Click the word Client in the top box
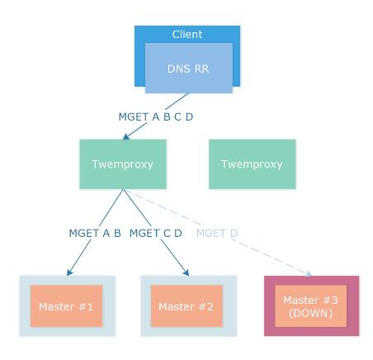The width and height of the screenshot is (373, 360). pyautogui.click(x=187, y=35)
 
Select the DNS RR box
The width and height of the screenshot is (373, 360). pyautogui.click(x=189, y=68)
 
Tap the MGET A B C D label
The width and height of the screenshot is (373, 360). pyautogui.click(x=156, y=116)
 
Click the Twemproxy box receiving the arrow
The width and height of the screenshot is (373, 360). pyautogui.click(x=123, y=164)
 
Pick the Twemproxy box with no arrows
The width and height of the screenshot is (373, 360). pyautogui.click(x=253, y=164)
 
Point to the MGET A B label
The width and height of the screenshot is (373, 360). pyautogui.click(x=95, y=233)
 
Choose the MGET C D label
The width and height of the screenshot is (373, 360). pyautogui.click(x=156, y=233)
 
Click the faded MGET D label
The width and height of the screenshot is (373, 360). pyautogui.click(x=217, y=233)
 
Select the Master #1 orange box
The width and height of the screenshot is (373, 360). pyautogui.click(x=66, y=306)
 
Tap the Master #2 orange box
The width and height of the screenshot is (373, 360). pyautogui.click(x=186, y=306)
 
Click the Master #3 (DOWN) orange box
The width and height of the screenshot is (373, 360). pyautogui.click(x=310, y=306)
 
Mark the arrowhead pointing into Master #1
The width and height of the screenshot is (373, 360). pyautogui.click(x=69, y=272)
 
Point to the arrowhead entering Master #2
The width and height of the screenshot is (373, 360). pyautogui.click(x=186, y=272)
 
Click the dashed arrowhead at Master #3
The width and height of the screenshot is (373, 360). pyautogui.click(x=309, y=273)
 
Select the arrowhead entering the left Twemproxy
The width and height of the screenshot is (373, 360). pyautogui.click(x=126, y=136)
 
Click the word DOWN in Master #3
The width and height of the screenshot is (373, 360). pyautogui.click(x=311, y=313)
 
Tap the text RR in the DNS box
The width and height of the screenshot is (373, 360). pyautogui.click(x=202, y=69)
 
